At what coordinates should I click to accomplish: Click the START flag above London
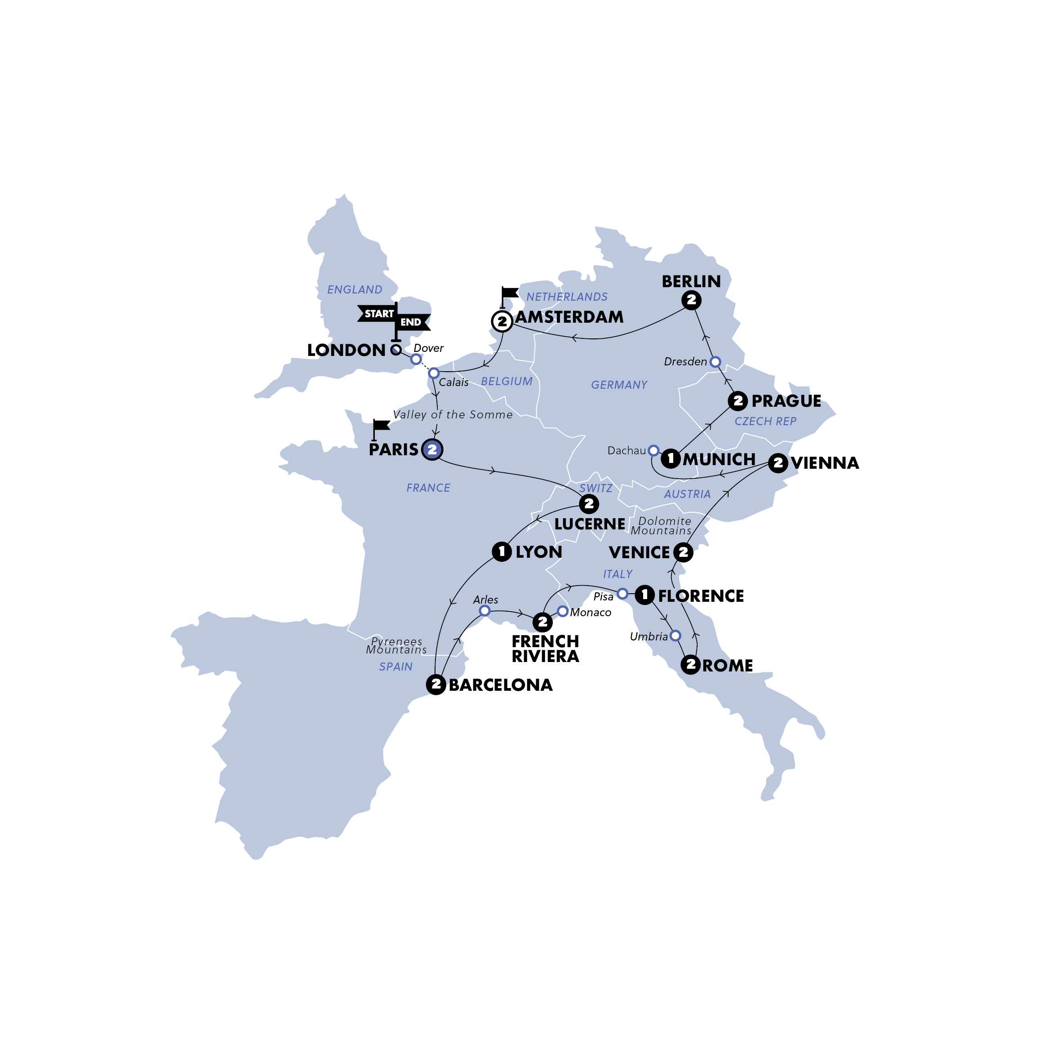coord(378,314)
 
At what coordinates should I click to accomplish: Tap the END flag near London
coord(412,322)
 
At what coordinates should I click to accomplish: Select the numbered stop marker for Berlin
coord(691,300)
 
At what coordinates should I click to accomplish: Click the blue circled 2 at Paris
coord(432,449)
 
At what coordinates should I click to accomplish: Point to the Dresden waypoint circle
coord(715,362)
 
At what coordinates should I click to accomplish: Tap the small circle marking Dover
coord(416,359)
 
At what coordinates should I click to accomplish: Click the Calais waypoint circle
coord(434,373)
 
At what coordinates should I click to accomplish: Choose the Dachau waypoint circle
coord(653,451)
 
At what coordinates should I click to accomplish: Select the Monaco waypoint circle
coord(562,611)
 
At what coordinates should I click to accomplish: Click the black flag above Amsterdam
coord(509,293)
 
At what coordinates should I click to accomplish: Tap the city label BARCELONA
coord(500,685)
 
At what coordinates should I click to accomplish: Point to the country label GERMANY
coord(619,385)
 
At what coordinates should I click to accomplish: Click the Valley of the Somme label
coord(453,414)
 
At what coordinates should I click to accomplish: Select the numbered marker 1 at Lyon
coord(501,551)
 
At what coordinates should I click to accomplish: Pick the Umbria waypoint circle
coord(675,636)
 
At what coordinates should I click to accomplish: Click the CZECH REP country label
coord(765,421)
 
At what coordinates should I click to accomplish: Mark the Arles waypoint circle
coord(484,611)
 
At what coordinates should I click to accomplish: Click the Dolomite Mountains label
coord(662,525)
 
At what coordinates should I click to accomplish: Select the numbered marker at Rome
coord(690,665)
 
